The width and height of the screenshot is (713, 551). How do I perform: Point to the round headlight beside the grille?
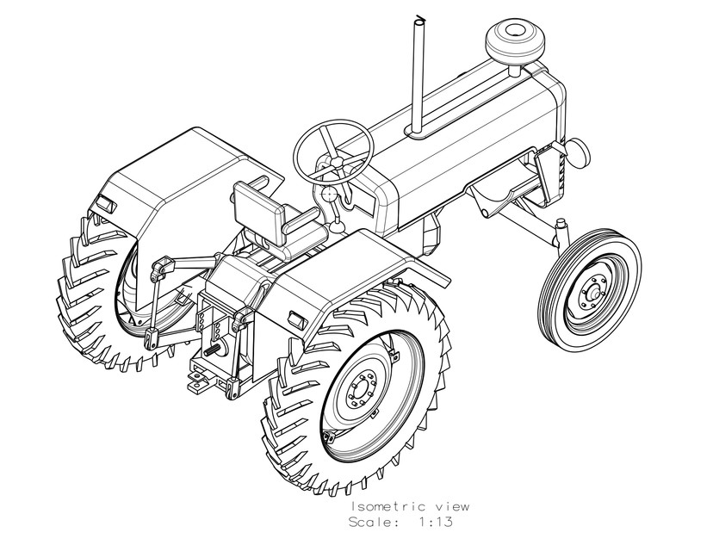click(579, 152)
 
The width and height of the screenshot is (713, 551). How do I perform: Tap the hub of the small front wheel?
click(594, 294)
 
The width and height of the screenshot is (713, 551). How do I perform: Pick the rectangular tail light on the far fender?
click(105, 204)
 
